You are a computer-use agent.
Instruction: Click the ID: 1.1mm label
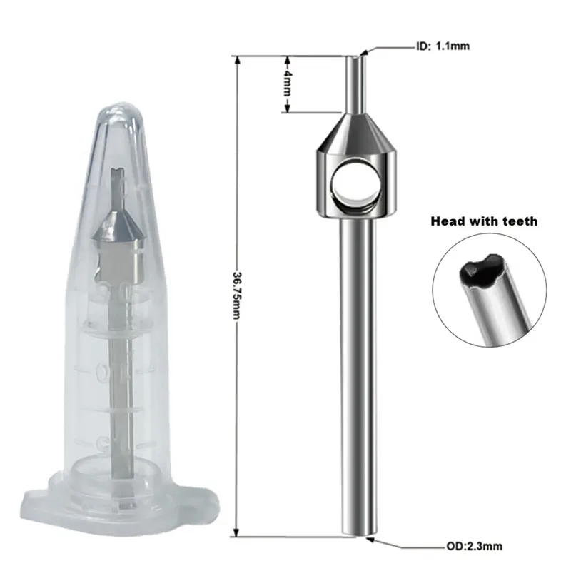coord(442,47)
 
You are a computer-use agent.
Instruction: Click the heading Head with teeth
coord(484,221)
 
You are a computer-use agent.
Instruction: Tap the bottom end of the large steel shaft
coord(356,532)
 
